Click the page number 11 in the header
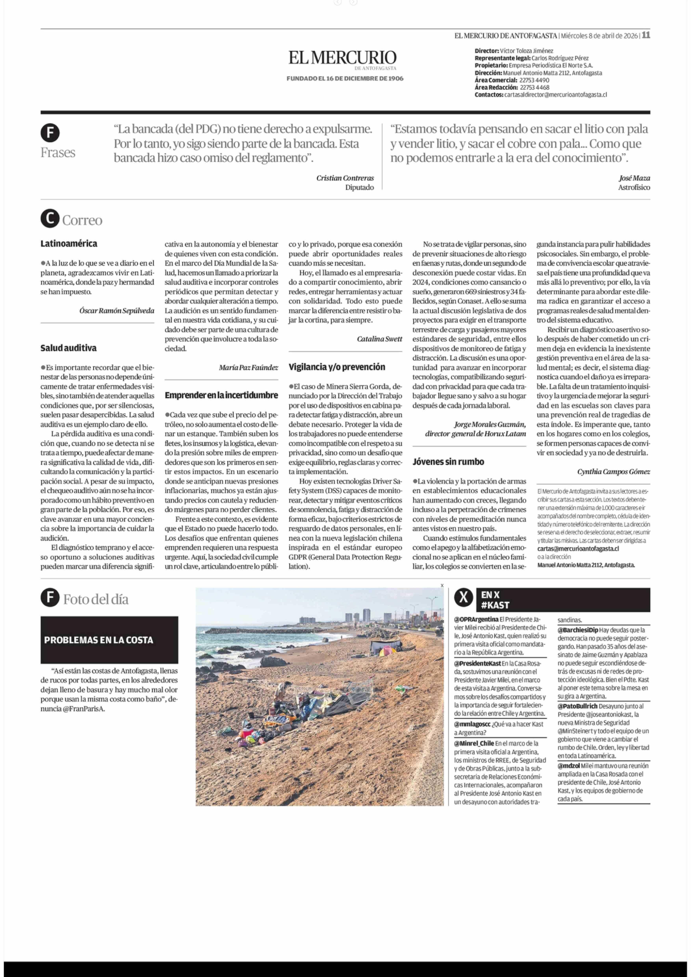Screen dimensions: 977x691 click(645, 35)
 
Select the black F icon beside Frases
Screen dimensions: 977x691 click(50, 133)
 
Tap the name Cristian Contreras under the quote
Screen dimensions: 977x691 click(345, 178)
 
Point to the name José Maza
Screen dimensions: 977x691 click(634, 178)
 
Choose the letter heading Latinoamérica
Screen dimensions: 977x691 click(69, 244)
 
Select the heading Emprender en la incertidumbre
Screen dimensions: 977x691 click(221, 395)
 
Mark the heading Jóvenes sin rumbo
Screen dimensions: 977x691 click(448, 462)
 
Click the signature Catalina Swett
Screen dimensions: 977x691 click(379, 339)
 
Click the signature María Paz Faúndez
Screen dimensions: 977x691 click(248, 367)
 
